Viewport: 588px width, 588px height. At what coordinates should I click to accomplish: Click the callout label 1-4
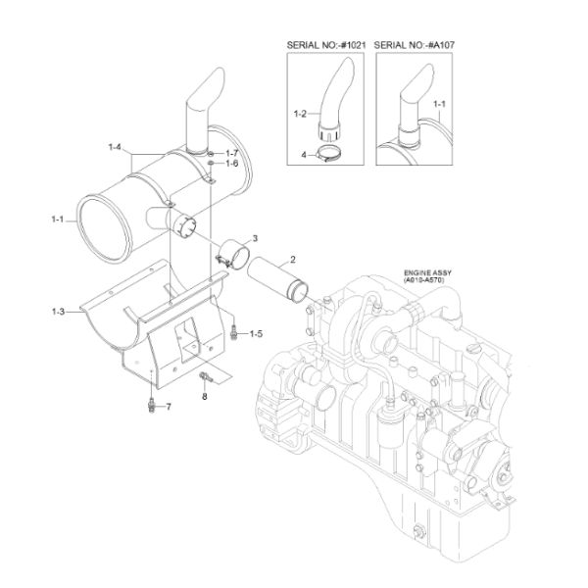point(114,147)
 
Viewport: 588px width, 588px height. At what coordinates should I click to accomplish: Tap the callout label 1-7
point(232,154)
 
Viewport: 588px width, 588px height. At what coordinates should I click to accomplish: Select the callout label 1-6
point(232,165)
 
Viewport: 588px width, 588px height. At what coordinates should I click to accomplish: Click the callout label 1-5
point(255,335)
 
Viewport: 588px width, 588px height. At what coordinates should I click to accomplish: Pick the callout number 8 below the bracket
point(204,397)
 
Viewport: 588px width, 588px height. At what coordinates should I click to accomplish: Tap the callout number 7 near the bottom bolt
point(167,406)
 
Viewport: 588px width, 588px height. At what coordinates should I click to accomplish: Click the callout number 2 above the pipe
point(291,261)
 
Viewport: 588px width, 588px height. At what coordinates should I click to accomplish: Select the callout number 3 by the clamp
point(255,238)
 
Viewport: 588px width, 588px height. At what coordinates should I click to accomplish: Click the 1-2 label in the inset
point(301,116)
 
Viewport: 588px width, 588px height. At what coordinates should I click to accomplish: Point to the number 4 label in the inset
point(305,155)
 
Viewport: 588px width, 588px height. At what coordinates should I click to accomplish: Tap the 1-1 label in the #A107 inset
point(439,102)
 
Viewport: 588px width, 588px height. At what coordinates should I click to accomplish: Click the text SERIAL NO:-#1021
point(325,44)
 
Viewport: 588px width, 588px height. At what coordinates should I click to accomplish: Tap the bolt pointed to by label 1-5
point(234,333)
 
